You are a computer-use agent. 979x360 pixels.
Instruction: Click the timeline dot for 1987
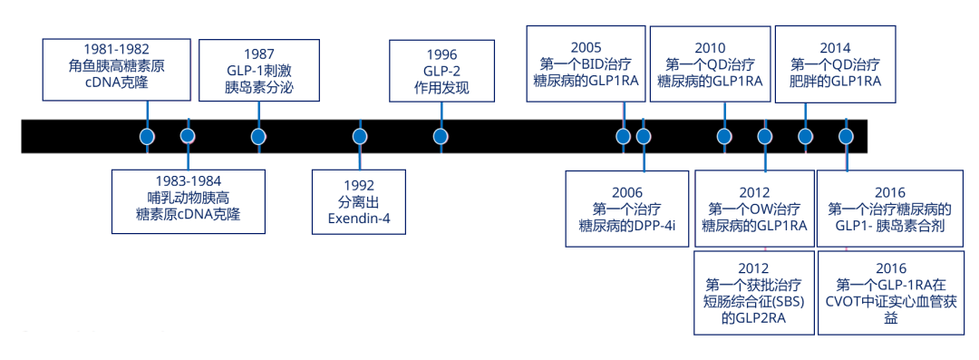(x=257, y=136)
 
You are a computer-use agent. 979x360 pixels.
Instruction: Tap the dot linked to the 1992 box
(x=359, y=136)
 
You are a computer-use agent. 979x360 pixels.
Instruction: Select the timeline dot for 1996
(x=441, y=136)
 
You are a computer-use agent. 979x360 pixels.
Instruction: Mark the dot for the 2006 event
(x=643, y=136)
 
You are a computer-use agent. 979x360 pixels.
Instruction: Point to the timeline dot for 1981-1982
(x=148, y=136)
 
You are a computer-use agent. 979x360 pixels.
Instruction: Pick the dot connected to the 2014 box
(x=806, y=136)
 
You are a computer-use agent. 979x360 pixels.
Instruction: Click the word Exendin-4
(x=359, y=219)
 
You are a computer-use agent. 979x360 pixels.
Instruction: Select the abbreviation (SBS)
(x=788, y=302)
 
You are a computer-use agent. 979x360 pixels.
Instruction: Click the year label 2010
(x=710, y=48)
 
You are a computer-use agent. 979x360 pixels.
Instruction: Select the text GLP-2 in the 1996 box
(x=441, y=72)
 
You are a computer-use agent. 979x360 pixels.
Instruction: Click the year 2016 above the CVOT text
(x=890, y=268)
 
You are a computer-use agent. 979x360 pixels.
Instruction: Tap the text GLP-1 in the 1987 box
(x=246, y=71)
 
